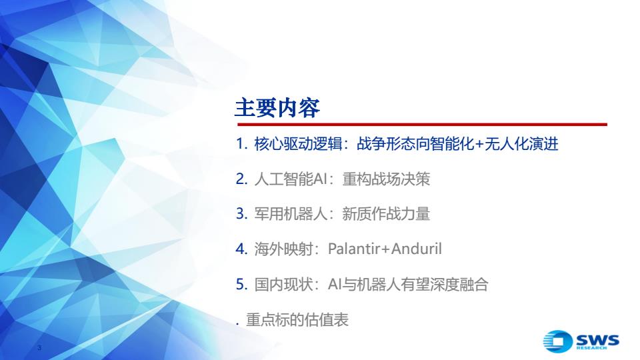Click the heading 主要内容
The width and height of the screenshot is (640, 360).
277,108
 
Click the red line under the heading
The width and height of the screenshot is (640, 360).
422,124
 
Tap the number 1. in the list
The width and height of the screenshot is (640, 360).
241,144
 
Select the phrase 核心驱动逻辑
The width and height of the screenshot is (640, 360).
298,144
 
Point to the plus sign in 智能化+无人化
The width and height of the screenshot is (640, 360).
479,145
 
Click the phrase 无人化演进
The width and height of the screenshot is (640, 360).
521,144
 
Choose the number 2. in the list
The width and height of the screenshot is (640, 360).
241,179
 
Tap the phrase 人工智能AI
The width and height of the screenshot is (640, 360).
291,179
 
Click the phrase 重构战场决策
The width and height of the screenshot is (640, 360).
386,179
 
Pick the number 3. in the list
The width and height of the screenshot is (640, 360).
241,213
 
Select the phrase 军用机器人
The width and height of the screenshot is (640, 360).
291,213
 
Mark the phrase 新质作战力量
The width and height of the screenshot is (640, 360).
386,213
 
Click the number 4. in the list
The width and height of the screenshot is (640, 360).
241,249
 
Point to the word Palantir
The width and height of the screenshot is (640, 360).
353,249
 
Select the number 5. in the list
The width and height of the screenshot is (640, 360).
241,284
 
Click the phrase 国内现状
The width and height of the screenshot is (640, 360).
283,284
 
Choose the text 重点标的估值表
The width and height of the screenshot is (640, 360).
297,319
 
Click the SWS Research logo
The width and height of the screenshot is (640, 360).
581,341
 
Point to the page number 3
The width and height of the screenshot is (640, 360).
39,348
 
